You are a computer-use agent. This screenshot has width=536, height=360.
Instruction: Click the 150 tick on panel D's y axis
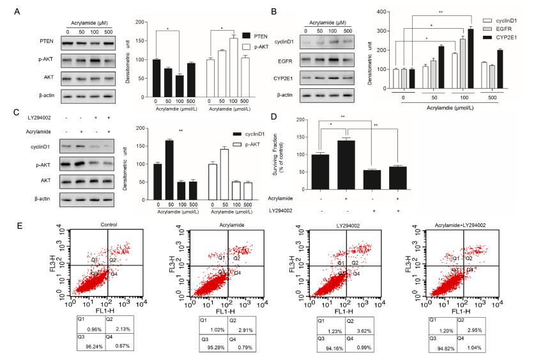click(305, 136)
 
